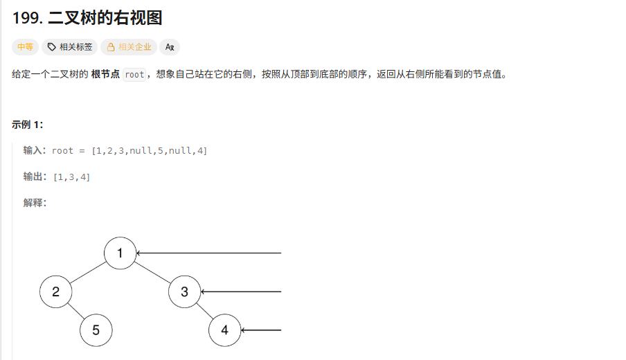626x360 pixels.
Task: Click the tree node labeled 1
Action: point(120,253)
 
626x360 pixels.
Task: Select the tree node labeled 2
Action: point(55,291)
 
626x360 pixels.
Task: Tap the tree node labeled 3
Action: point(184,291)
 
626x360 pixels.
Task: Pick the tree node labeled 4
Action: point(224,330)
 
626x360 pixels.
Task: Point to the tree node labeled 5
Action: point(96,330)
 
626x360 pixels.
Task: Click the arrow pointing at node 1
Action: point(208,253)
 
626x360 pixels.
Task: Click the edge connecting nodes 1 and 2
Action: point(88,272)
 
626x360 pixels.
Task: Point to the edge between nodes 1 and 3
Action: point(152,272)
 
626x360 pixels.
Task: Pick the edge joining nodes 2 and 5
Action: point(75,311)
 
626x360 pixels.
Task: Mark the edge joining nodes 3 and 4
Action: point(204,311)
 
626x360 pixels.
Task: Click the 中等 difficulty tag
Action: point(25,47)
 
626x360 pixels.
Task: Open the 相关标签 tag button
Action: point(70,47)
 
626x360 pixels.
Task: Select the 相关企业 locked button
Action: point(129,47)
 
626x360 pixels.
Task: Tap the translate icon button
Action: point(170,47)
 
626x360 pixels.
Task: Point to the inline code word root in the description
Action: point(134,75)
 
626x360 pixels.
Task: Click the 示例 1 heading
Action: point(27,125)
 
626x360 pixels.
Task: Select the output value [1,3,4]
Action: point(71,177)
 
